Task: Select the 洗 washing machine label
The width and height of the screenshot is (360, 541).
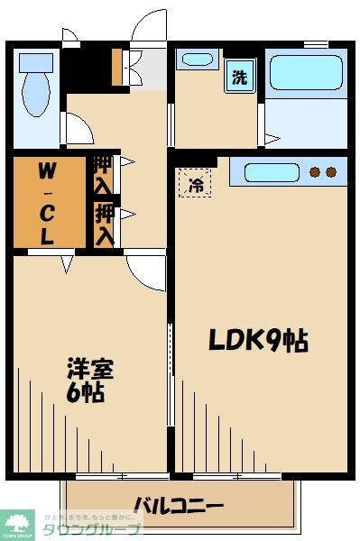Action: point(239,78)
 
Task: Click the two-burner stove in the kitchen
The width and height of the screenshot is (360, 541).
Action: point(323,170)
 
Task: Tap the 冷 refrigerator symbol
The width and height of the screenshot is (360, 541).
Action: point(196,185)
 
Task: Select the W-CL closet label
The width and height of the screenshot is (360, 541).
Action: point(46,204)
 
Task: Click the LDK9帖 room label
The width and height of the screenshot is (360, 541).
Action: point(258,340)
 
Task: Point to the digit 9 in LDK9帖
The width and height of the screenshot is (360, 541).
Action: point(269,340)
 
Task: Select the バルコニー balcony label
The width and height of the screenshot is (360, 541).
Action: point(179,504)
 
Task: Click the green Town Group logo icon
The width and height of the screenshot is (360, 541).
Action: point(16,523)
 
